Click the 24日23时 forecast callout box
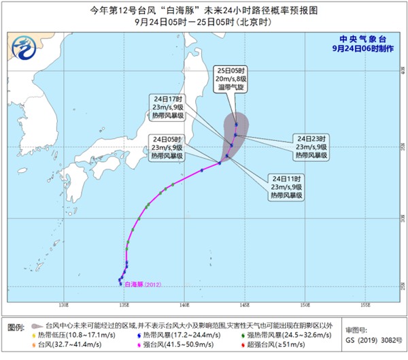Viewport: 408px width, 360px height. [312, 146]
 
